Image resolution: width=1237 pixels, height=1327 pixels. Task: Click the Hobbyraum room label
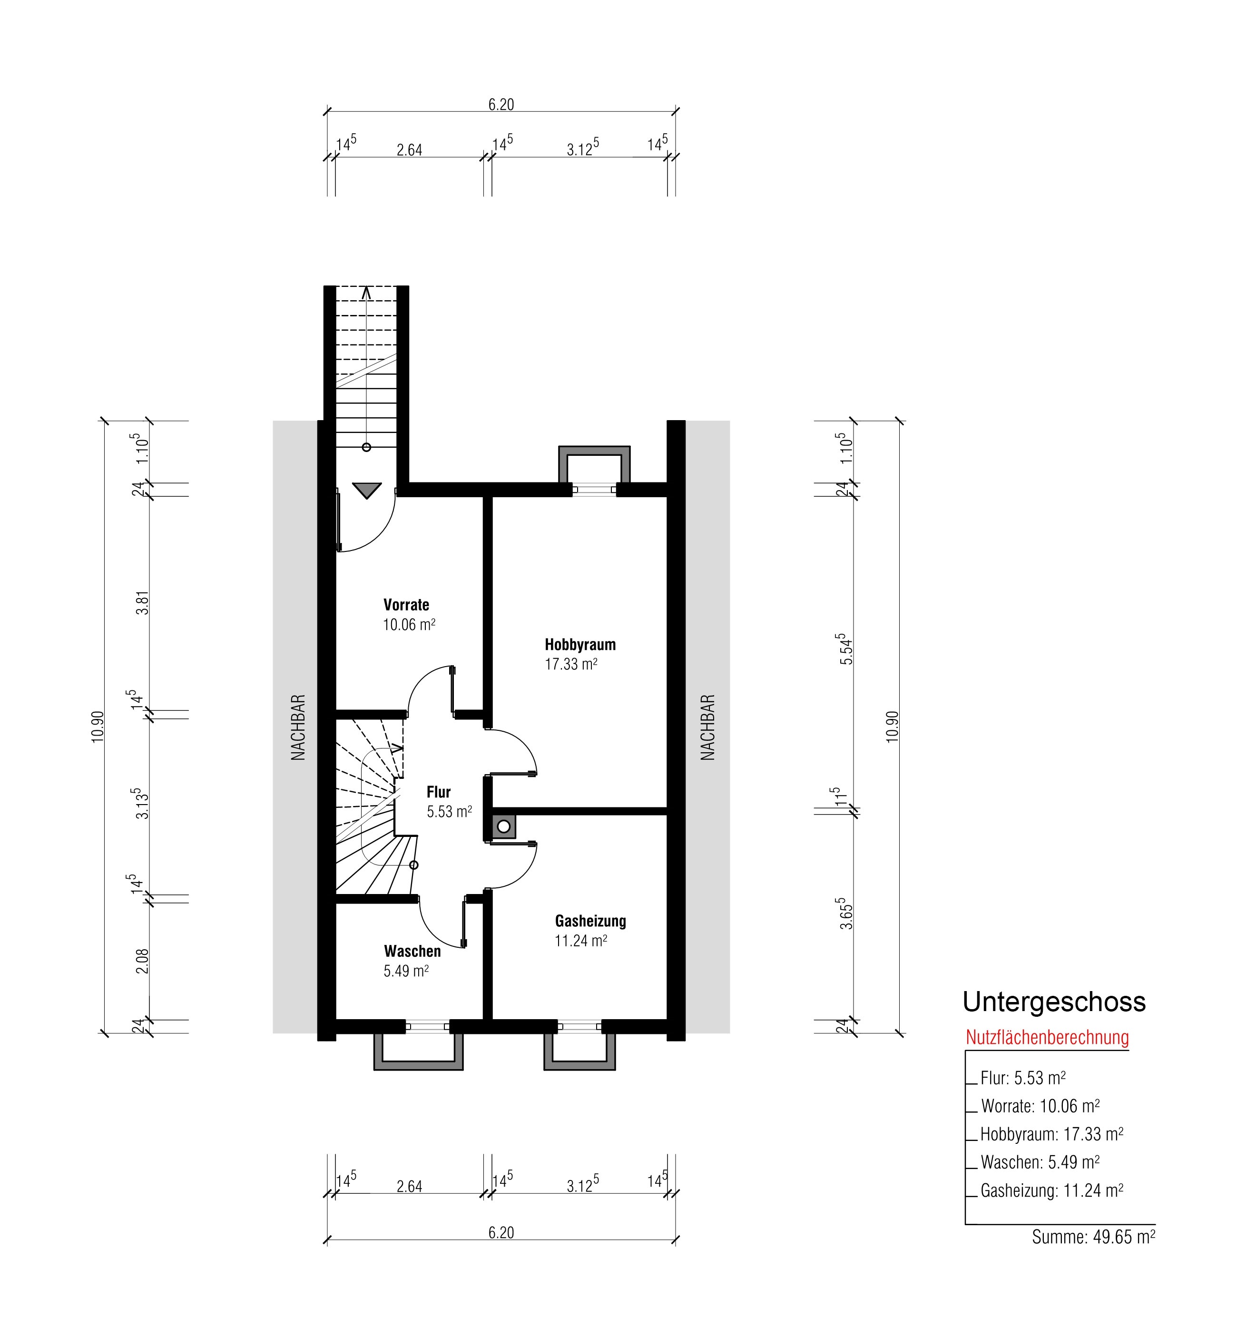[580, 645]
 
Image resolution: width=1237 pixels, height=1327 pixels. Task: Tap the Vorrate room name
[406, 605]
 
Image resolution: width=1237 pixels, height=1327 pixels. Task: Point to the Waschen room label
[412, 951]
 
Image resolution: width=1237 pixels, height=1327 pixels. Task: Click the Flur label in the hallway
[439, 792]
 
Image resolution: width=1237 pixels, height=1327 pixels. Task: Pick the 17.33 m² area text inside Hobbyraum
[571, 664]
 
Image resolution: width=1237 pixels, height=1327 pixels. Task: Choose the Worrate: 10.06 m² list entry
[1040, 1106]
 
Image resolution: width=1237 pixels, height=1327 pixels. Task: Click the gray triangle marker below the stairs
[366, 491]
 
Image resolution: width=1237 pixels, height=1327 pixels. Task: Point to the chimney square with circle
[504, 826]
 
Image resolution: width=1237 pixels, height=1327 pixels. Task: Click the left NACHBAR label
[298, 727]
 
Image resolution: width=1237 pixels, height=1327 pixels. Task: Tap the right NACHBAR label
[707, 727]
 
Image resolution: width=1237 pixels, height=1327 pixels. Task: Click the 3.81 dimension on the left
[141, 603]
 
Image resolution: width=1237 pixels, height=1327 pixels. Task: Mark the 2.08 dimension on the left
[141, 961]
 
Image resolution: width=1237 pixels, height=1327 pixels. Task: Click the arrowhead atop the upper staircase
[366, 292]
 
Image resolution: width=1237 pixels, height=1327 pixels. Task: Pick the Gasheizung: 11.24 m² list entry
[1051, 1190]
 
